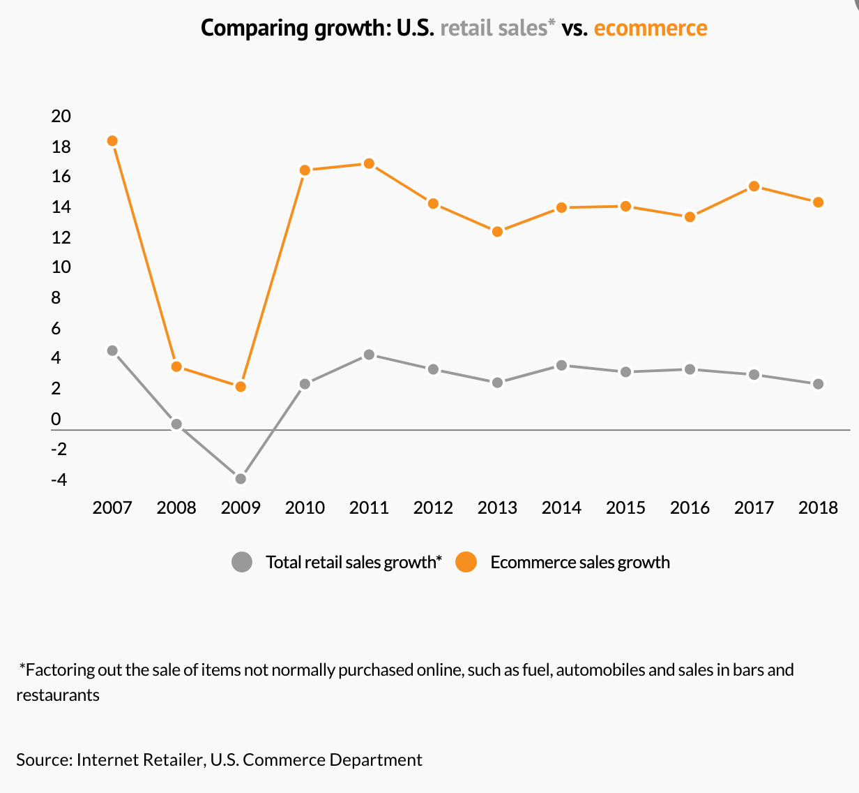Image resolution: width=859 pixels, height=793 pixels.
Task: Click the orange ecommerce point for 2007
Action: tap(112, 141)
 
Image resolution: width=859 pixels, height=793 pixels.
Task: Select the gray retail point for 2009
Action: tap(241, 479)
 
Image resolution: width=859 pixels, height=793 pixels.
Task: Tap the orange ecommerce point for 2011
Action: tap(369, 164)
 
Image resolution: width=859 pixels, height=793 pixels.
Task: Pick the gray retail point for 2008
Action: tap(176, 424)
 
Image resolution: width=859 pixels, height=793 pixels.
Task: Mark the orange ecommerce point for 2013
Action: tap(497, 232)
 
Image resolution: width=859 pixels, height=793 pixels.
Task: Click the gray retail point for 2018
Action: tap(819, 384)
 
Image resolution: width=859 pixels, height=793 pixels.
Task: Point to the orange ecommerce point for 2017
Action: tap(754, 186)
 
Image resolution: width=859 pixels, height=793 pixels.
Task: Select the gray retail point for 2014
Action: tap(561, 365)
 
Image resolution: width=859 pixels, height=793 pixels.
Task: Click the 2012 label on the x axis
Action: tap(433, 507)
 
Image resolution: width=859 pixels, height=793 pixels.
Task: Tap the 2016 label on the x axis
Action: tap(690, 507)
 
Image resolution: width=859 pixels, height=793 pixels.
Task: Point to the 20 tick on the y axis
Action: tap(61, 116)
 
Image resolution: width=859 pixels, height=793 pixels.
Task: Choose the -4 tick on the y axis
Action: tap(59, 480)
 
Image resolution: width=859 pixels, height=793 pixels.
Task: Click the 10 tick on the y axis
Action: tap(61, 267)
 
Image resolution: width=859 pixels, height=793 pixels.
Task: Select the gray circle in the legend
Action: tap(242, 562)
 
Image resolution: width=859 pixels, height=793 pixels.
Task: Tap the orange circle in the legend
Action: tap(466, 562)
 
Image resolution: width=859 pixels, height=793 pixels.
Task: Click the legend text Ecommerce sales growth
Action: tap(580, 562)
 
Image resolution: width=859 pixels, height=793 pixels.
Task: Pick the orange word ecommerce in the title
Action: tap(651, 28)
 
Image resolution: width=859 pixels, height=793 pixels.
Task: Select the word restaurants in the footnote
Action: tap(58, 695)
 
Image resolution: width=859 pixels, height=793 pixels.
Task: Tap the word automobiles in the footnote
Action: tap(600, 670)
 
